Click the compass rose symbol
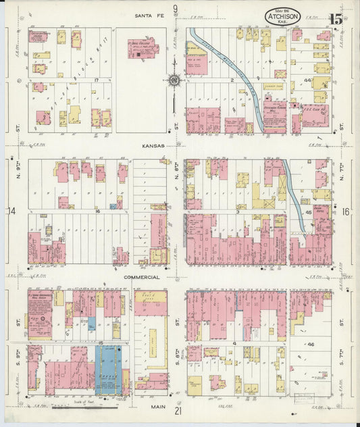(x=174, y=82)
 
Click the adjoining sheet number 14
(x=11, y=211)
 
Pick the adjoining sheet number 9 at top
(x=175, y=9)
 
